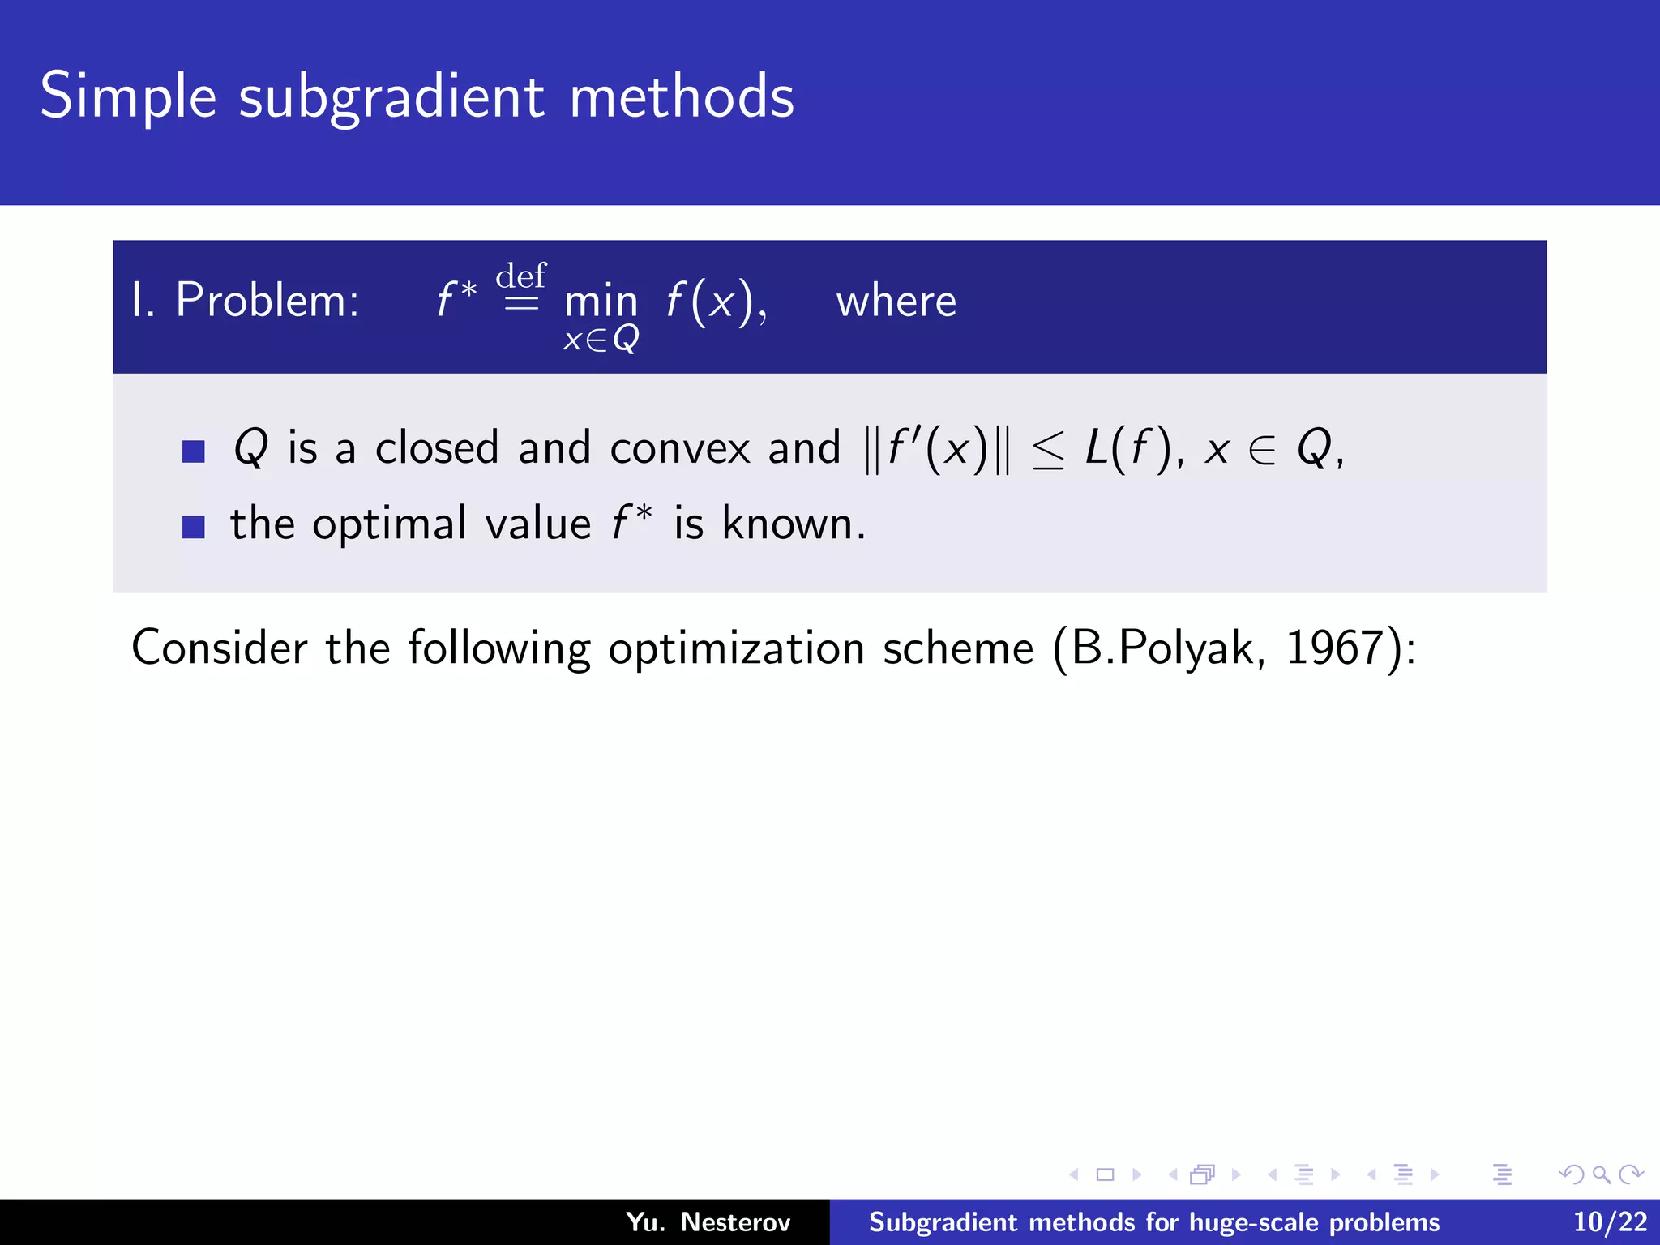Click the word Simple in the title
128,96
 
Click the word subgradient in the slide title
391,96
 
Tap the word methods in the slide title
681,96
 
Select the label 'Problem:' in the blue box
267,300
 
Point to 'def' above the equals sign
520,276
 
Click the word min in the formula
601,302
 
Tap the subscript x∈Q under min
601,339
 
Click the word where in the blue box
896,302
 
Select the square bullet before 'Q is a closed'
193,451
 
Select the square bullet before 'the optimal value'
193,527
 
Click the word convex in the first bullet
680,448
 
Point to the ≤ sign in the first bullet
1048,450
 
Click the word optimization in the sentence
736,649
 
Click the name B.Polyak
1162,649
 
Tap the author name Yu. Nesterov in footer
708,1221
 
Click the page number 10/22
1610,1221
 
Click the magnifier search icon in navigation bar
1601,1174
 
